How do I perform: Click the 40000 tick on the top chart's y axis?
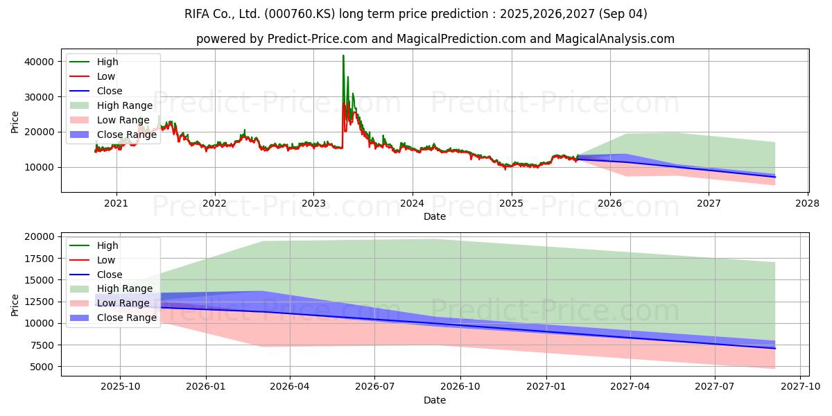[39, 62]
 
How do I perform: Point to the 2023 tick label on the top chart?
[313, 204]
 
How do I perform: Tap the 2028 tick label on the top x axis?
[808, 204]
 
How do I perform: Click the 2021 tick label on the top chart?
[116, 204]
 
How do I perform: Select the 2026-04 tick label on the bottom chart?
[290, 387]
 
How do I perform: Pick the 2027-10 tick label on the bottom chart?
[800, 387]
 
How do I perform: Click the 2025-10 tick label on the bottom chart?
[121, 387]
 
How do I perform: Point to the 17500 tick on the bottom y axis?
[39, 259]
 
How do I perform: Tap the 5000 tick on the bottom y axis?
[42, 367]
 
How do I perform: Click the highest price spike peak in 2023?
[343, 55]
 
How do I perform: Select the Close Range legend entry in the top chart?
[113, 135]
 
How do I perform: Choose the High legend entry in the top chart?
[94, 62]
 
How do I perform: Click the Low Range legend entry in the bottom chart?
[110, 303]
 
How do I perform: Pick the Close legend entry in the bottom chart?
[96, 275]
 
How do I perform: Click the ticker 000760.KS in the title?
[300, 14]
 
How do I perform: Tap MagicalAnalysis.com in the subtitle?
[615, 39]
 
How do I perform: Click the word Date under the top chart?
[435, 216]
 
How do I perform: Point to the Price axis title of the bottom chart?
[15, 305]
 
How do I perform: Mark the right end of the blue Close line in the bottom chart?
[775, 348]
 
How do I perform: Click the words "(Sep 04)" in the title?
[623, 14]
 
